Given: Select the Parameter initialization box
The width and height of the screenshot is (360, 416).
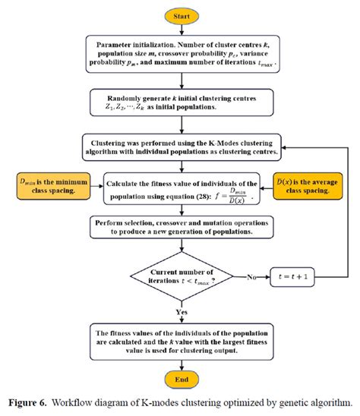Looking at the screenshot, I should [185, 55].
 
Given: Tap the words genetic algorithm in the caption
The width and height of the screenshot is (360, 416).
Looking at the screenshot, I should [315, 402].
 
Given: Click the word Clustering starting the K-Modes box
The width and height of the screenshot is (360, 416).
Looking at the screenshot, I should [114, 140].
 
